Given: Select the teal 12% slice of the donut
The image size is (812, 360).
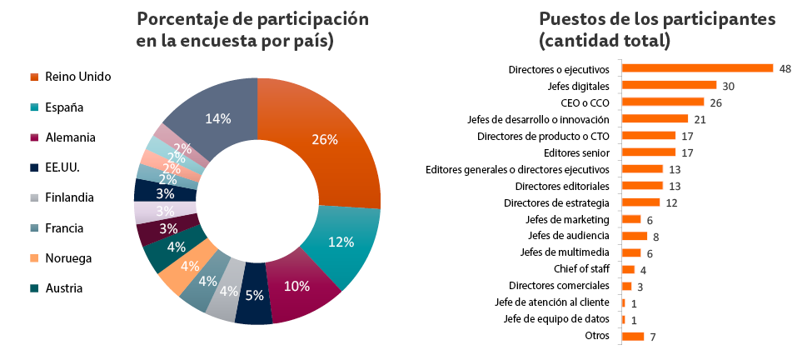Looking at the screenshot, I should click(340, 243).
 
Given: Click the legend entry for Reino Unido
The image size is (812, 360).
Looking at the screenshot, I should click(77, 77).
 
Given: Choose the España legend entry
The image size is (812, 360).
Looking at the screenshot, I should click(64, 107).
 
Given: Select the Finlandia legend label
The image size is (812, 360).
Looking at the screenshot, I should click(69, 197).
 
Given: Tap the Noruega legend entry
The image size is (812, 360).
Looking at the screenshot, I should click(67, 258).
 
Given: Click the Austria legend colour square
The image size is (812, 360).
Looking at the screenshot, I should click(34, 288).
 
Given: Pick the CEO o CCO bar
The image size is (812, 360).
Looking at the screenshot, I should click(663, 102).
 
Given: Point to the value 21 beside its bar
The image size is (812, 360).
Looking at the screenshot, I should click(700, 119).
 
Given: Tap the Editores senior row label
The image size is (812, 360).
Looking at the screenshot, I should click(576, 152).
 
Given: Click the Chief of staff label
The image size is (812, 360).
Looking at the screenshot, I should click(581, 269).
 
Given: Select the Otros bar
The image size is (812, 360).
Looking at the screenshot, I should click(633, 336).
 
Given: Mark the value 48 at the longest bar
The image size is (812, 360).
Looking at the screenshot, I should click(785, 68).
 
